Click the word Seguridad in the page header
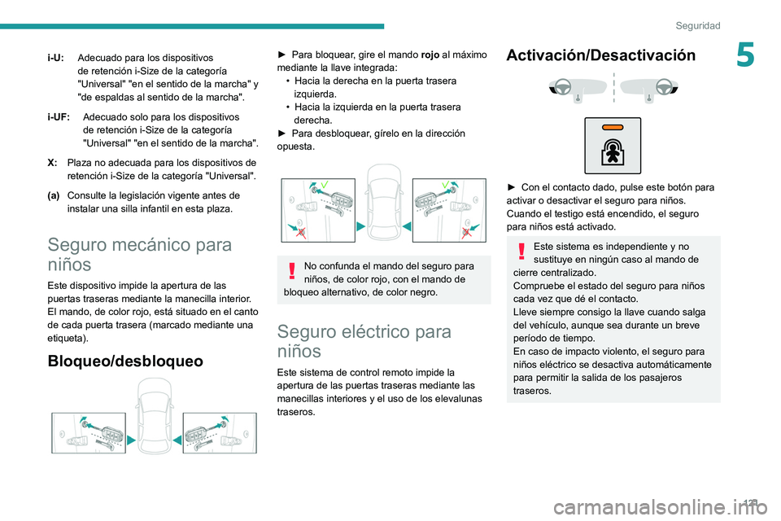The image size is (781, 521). point(697,26)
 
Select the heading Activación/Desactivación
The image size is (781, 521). point(600,55)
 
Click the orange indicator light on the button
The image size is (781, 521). point(612,129)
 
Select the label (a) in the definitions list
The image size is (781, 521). point(53,195)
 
